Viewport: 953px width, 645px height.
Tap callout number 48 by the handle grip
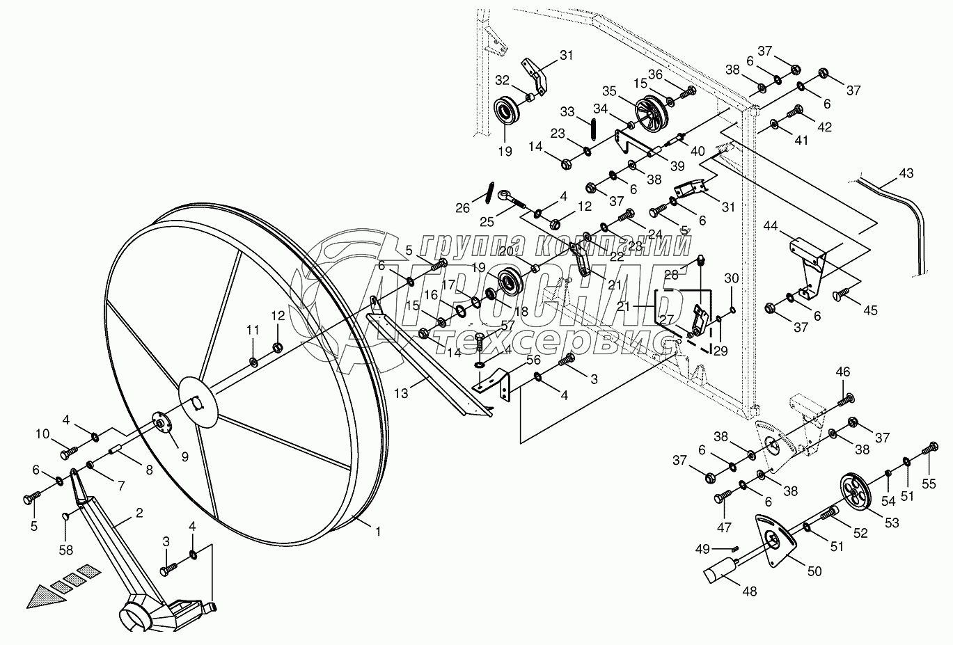point(750,591)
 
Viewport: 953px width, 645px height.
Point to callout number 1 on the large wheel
point(378,532)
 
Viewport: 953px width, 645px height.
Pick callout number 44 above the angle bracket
point(770,226)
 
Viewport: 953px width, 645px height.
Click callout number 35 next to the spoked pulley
point(610,90)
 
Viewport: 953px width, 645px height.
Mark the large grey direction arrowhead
point(42,594)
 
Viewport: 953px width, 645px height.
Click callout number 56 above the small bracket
point(533,360)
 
